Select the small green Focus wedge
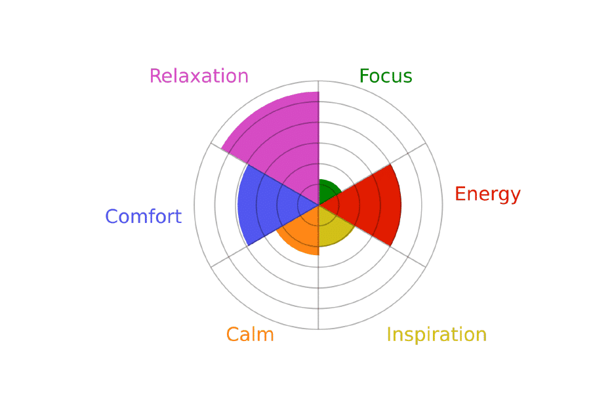(x=327, y=192)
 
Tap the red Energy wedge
(x=368, y=205)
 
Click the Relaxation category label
(x=199, y=76)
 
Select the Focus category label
(x=386, y=76)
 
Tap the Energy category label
(x=487, y=195)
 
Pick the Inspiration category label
(x=437, y=334)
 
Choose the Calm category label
(x=250, y=334)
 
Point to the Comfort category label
(x=143, y=216)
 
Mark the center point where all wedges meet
(x=319, y=205)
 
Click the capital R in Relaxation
(x=156, y=76)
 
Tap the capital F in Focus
(x=364, y=76)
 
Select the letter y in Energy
(x=514, y=197)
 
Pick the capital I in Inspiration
(x=389, y=334)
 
